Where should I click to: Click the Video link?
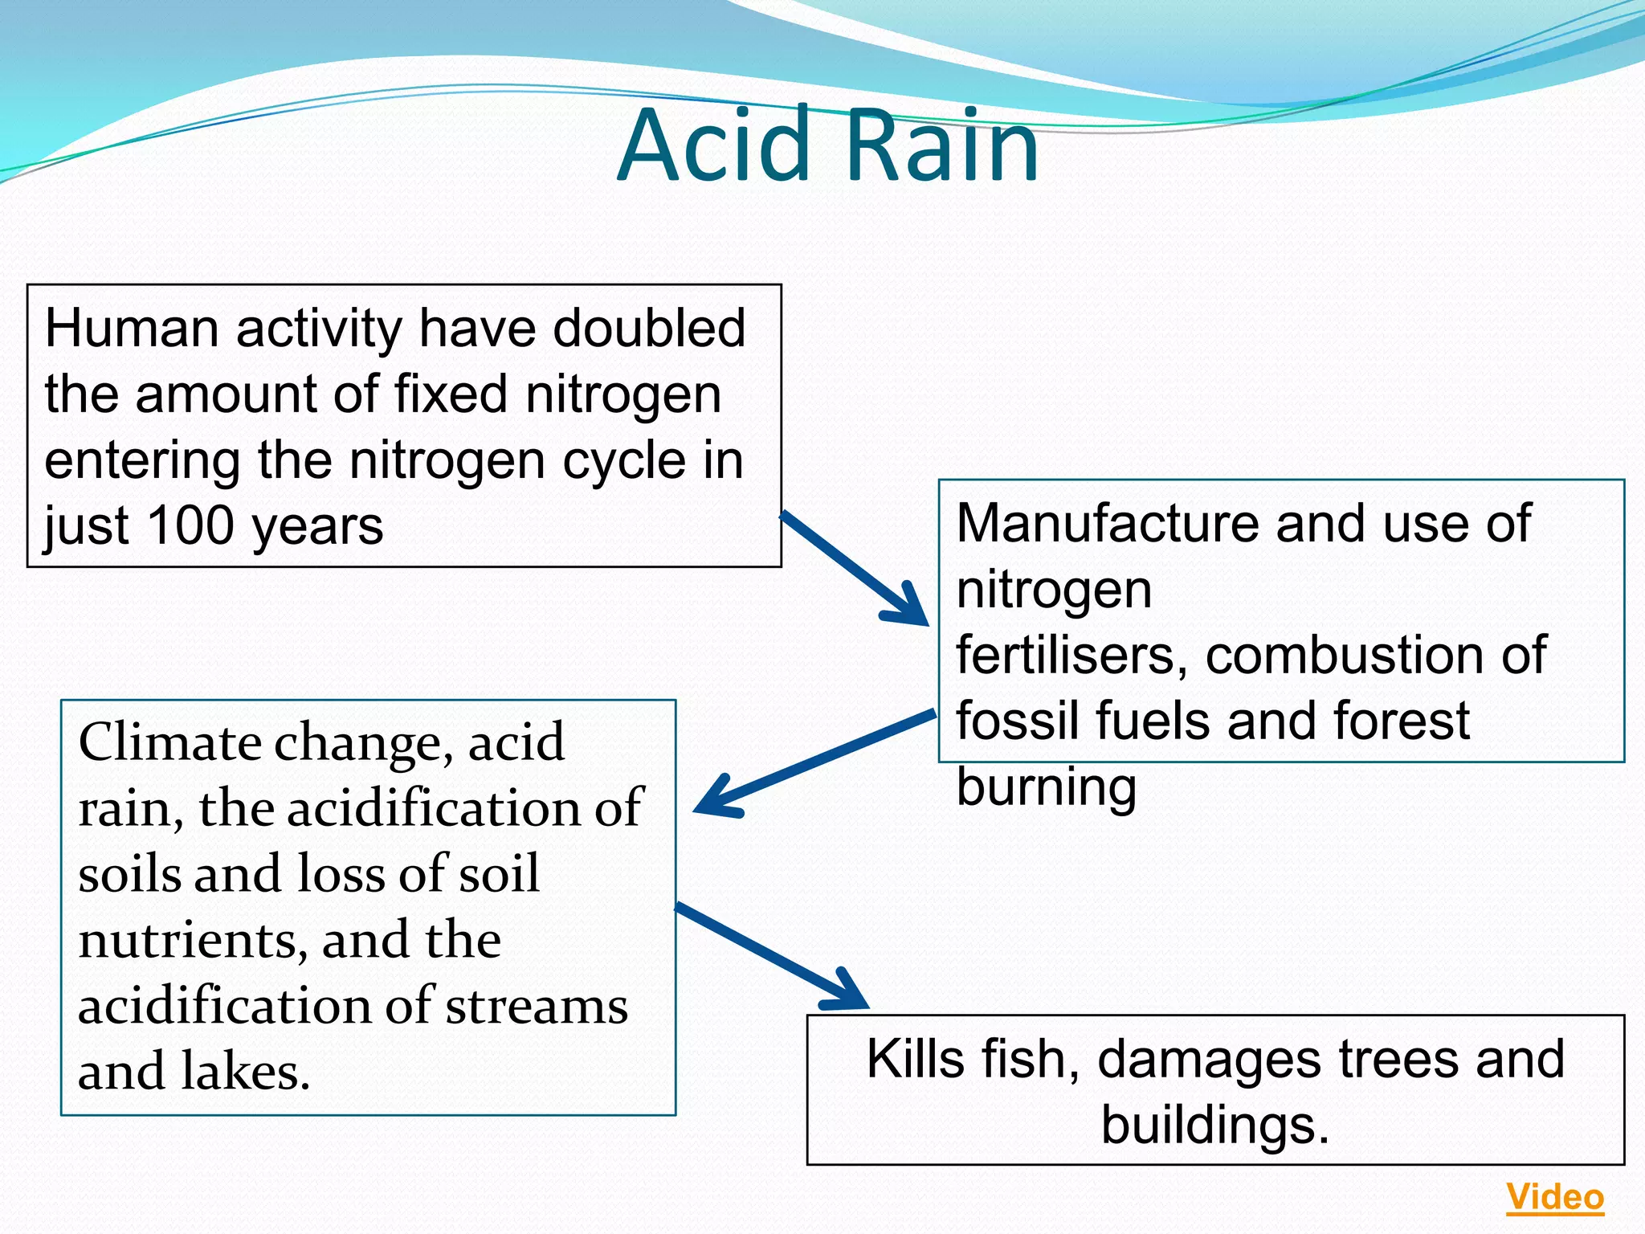[x=1554, y=1197]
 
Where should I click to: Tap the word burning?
[x=1046, y=787]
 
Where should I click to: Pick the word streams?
[x=537, y=1006]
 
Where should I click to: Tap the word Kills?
[x=915, y=1059]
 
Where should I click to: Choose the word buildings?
[x=1214, y=1125]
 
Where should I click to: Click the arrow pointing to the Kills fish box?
[x=771, y=956]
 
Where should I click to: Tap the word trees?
[x=1400, y=1059]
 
